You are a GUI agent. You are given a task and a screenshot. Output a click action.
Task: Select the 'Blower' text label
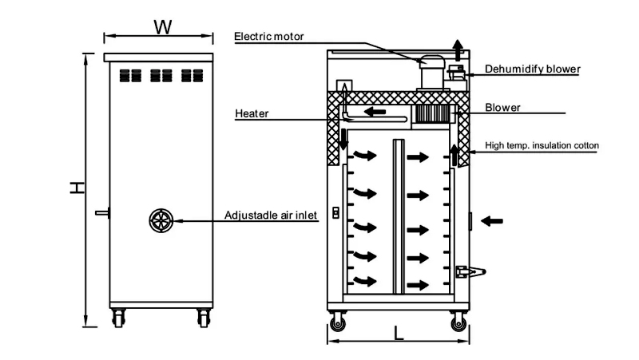503,108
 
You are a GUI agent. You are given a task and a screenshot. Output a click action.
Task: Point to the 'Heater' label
252,113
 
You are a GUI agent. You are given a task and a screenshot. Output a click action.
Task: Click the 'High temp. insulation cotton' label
542,146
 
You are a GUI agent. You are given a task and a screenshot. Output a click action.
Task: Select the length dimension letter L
399,333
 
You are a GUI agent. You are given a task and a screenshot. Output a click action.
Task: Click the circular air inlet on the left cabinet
161,220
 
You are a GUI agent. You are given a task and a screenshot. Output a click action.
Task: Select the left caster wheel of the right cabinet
338,323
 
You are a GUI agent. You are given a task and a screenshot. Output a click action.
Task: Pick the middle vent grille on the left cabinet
161,76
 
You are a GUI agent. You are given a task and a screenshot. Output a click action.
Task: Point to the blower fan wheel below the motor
431,114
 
